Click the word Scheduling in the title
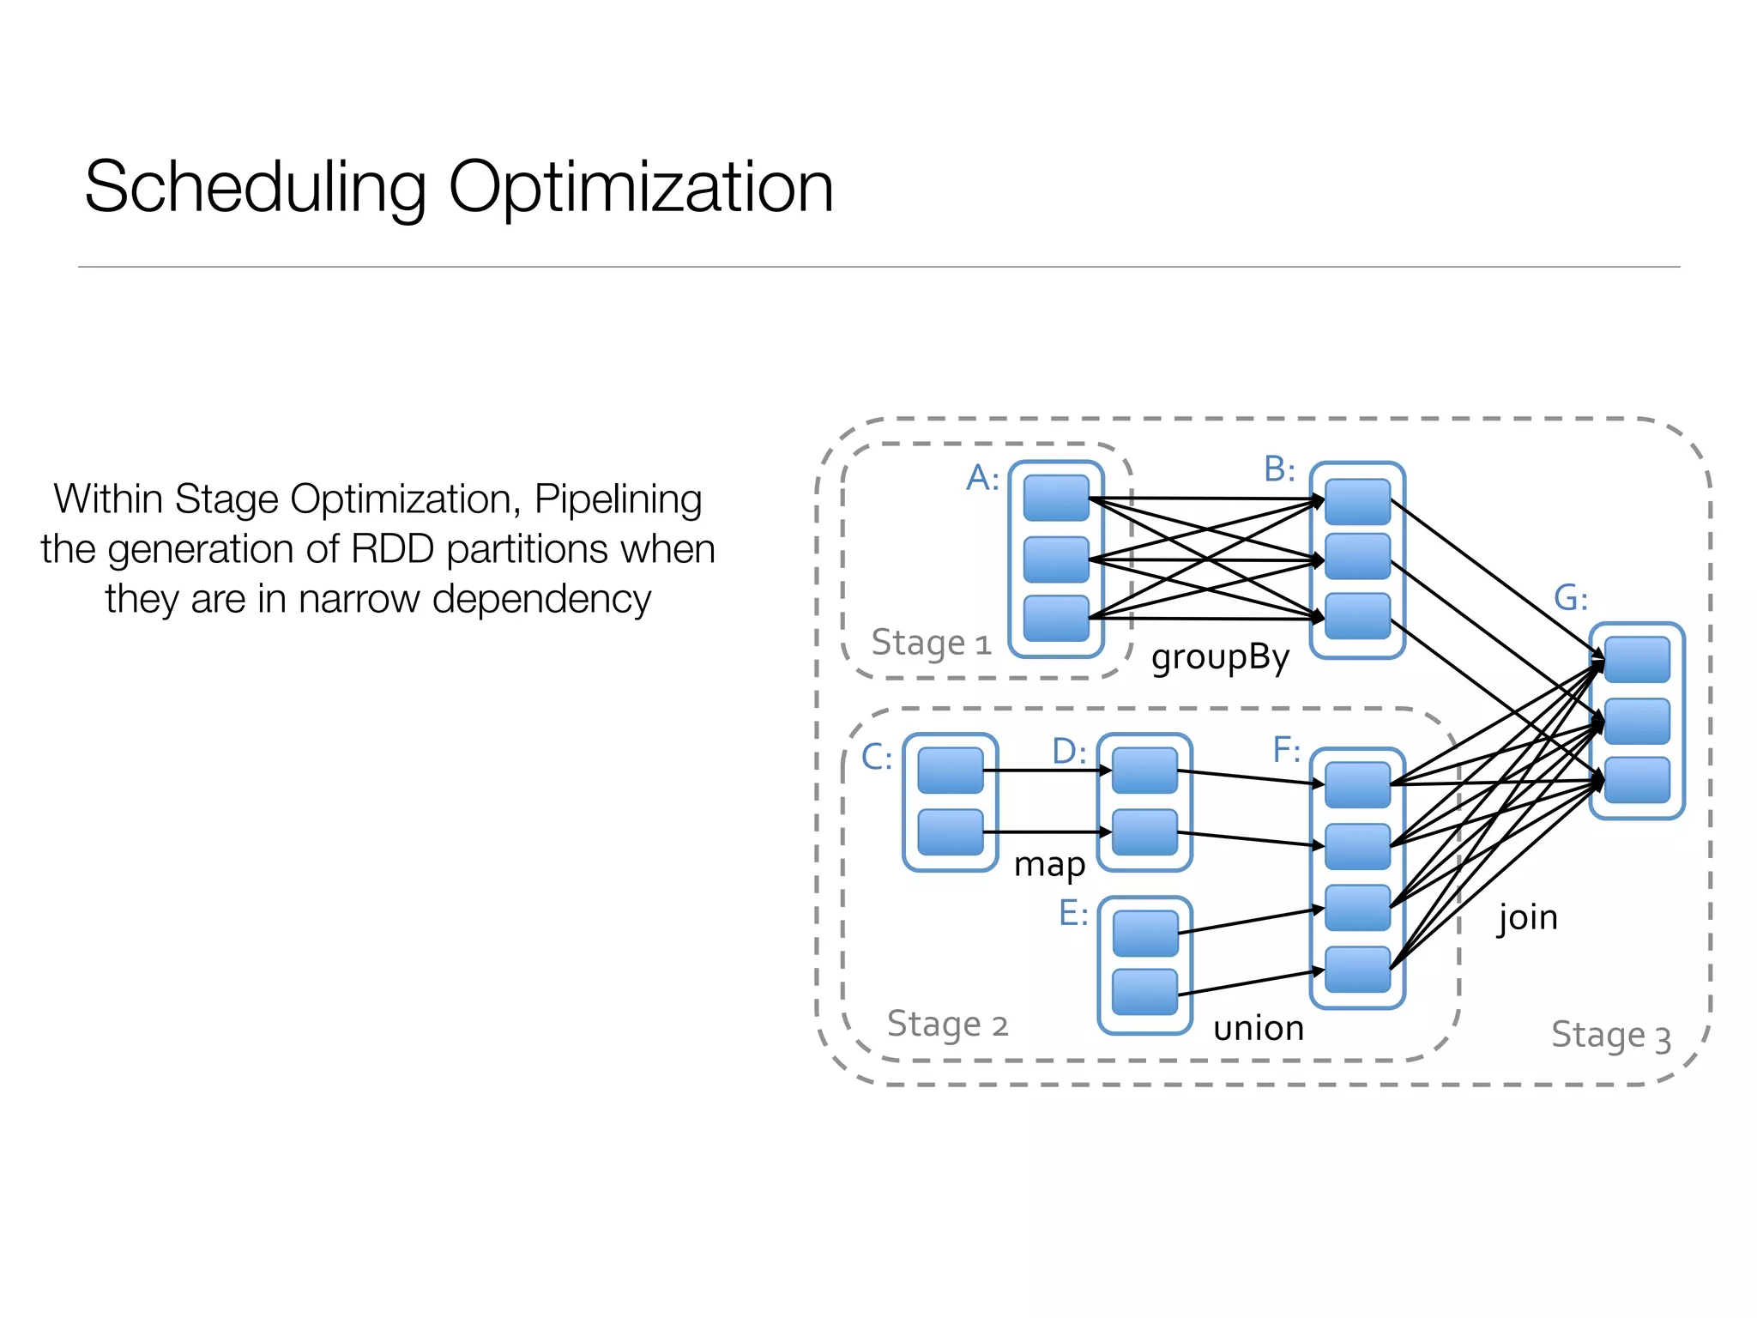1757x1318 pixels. point(256,188)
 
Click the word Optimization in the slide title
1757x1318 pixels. point(640,188)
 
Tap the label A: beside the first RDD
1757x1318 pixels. point(982,478)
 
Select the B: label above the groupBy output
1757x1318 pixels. point(1279,469)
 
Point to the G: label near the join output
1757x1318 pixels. point(1571,598)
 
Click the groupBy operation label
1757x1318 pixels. point(1220,658)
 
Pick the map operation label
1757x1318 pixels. point(1049,865)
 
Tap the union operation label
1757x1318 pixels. point(1259,1028)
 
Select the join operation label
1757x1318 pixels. point(1527,918)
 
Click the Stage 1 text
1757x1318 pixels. point(931,643)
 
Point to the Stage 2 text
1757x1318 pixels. point(947,1025)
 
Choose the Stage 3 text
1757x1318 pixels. point(1611,1036)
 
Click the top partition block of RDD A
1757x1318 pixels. point(1056,499)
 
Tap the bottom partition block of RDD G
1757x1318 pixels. point(1636,780)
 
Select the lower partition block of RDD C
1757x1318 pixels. point(950,832)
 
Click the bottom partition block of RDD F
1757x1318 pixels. point(1357,970)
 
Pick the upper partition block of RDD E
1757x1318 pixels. point(1144,934)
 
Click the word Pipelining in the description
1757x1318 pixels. point(618,499)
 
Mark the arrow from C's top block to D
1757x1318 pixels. point(1047,771)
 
